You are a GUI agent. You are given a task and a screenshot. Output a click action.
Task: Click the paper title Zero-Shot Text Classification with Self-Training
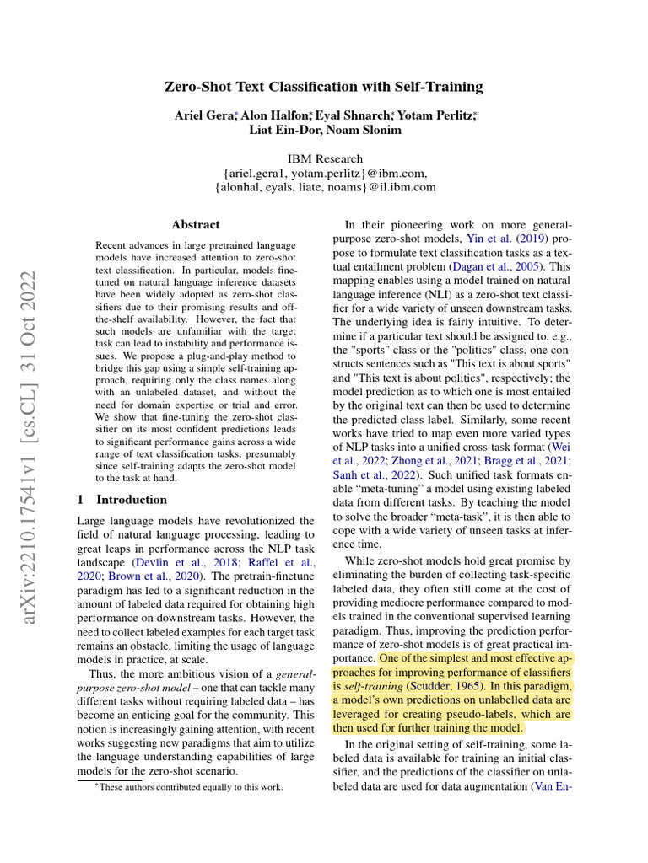tap(324, 87)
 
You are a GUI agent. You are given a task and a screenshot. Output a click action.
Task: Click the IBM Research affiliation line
tap(325, 158)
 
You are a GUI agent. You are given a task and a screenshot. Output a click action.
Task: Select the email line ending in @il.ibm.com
tap(325, 187)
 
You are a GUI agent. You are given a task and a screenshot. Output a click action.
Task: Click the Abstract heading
tap(196, 225)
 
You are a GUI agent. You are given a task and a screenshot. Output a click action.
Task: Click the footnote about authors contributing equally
tap(188, 787)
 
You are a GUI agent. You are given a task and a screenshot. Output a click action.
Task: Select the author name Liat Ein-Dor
tap(283, 130)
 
